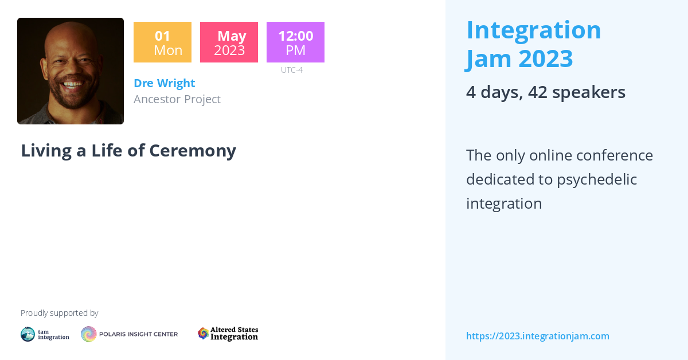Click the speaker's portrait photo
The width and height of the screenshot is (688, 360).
71,71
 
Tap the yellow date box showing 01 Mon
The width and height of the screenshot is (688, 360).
162,42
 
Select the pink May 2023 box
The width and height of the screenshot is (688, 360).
229,42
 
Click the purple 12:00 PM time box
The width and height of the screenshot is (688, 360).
295,42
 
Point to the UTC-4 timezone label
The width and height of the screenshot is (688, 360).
291,70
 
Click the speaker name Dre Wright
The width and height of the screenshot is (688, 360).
164,83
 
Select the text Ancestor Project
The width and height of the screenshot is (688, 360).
177,99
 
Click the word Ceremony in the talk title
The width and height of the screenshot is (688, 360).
193,150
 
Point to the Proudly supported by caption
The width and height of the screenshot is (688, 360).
59,313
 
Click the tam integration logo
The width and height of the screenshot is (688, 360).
45,334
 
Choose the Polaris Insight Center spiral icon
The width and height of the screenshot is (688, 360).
89,334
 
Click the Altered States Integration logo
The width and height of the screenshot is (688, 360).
228,334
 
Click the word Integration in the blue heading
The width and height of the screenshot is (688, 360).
533,30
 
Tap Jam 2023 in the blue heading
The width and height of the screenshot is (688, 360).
519,58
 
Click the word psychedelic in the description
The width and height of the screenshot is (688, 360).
596,179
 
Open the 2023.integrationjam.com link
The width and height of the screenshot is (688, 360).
537,336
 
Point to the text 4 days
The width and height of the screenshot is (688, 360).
493,92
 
